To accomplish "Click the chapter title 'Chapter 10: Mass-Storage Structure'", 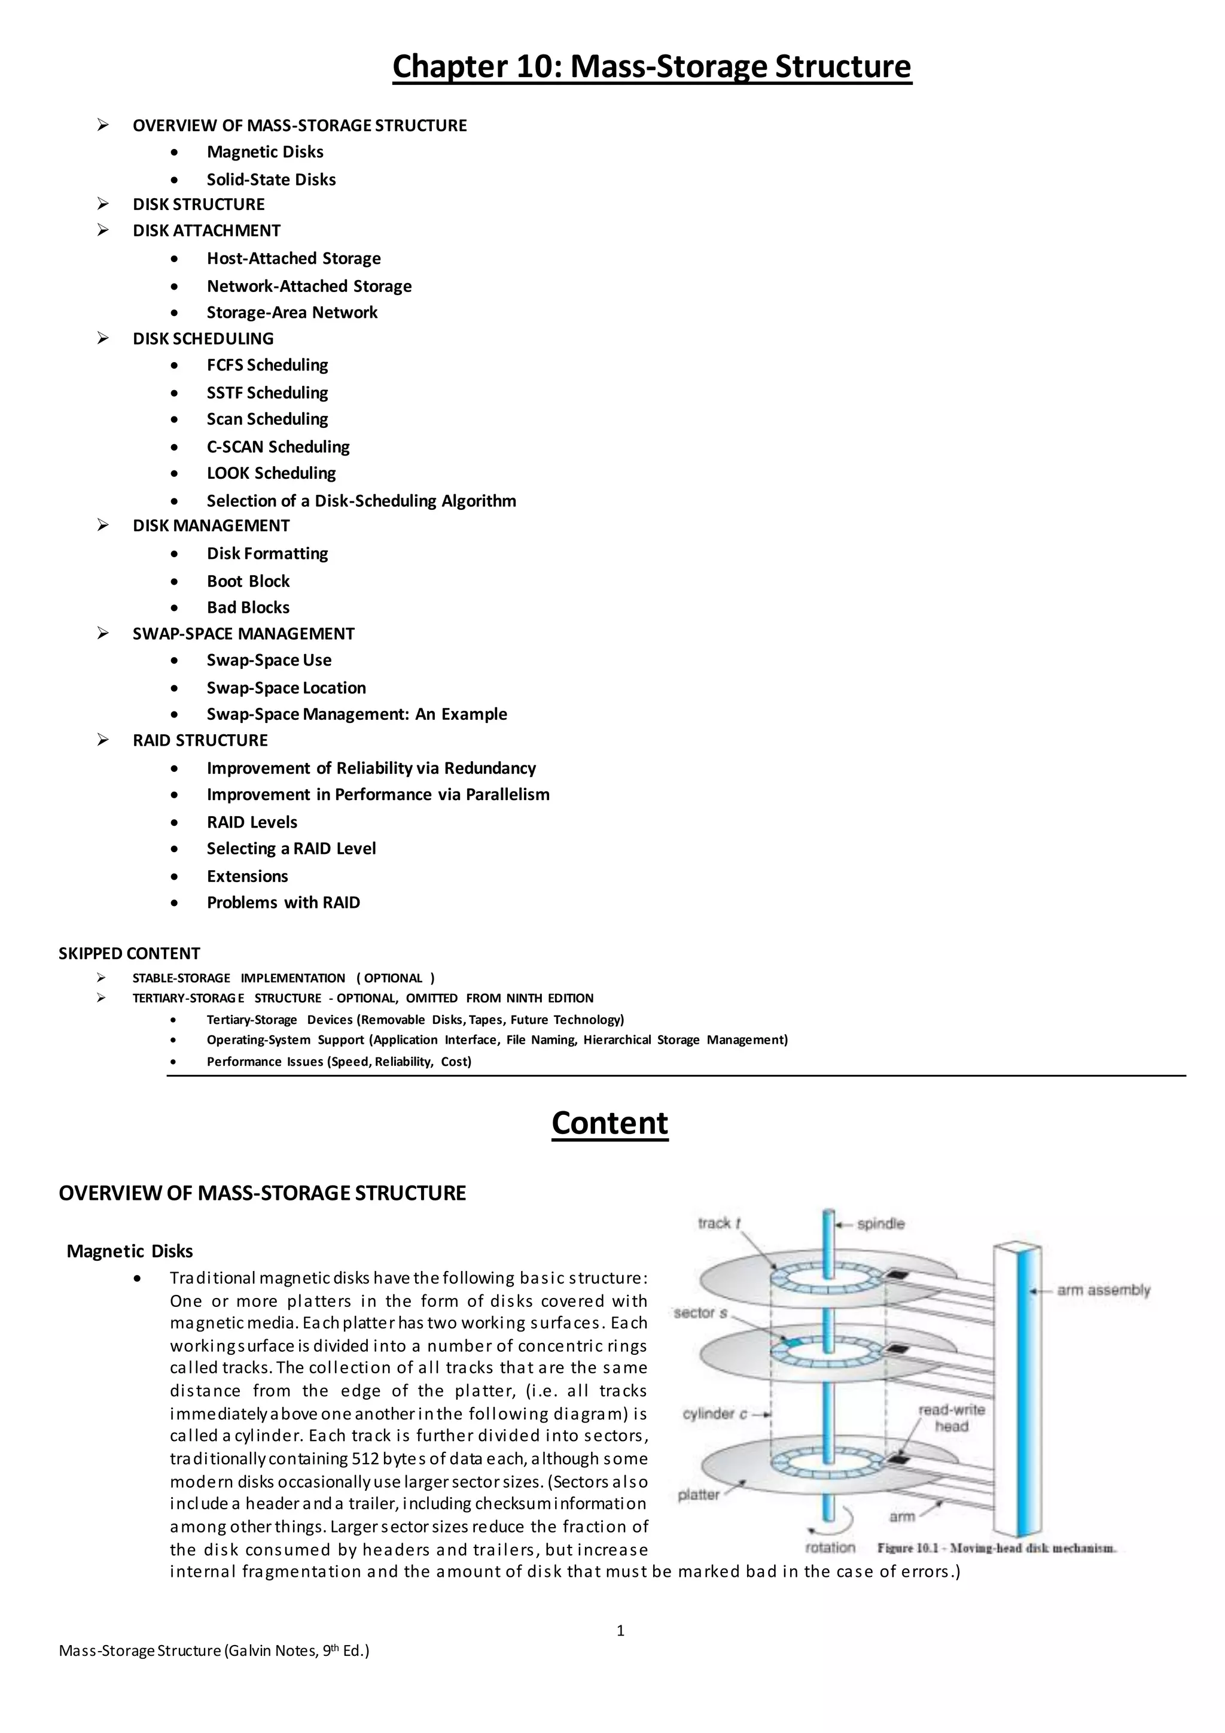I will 652,66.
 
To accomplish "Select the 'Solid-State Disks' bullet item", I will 271,180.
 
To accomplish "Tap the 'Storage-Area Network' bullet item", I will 292,312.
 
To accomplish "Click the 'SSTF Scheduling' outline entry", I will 267,393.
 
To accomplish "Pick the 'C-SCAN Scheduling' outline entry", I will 278,447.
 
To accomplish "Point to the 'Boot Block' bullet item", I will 248,581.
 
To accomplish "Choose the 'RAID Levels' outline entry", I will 252,822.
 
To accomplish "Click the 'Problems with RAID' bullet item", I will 283,903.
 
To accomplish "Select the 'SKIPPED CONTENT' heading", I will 129,953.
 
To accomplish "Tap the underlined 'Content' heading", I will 610,1123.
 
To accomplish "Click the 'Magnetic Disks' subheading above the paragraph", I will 130,1251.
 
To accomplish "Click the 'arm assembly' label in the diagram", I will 1103,1290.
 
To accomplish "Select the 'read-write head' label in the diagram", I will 950,1418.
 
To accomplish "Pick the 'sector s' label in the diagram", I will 700,1312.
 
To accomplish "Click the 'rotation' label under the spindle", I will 830,1547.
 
